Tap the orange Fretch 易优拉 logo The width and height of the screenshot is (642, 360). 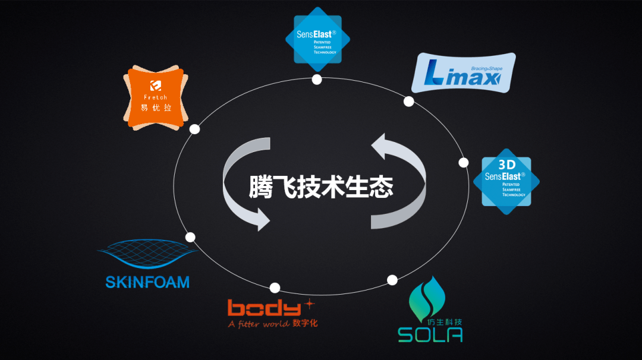coord(155,97)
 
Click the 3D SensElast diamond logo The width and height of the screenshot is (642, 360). coord(506,181)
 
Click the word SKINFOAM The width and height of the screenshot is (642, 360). coord(147,282)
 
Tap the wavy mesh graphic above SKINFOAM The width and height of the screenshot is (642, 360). coord(147,256)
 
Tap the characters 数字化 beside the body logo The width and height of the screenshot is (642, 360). coord(306,323)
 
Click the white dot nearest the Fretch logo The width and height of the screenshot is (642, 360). coord(194,129)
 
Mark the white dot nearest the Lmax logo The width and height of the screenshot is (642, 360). coord(408,102)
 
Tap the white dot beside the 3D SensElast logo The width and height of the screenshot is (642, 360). coord(464,162)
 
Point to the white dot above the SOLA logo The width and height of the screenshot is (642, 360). coord(392,280)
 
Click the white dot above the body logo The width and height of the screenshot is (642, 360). coord(275,288)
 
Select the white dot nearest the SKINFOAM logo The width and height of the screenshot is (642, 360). coord(190,237)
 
